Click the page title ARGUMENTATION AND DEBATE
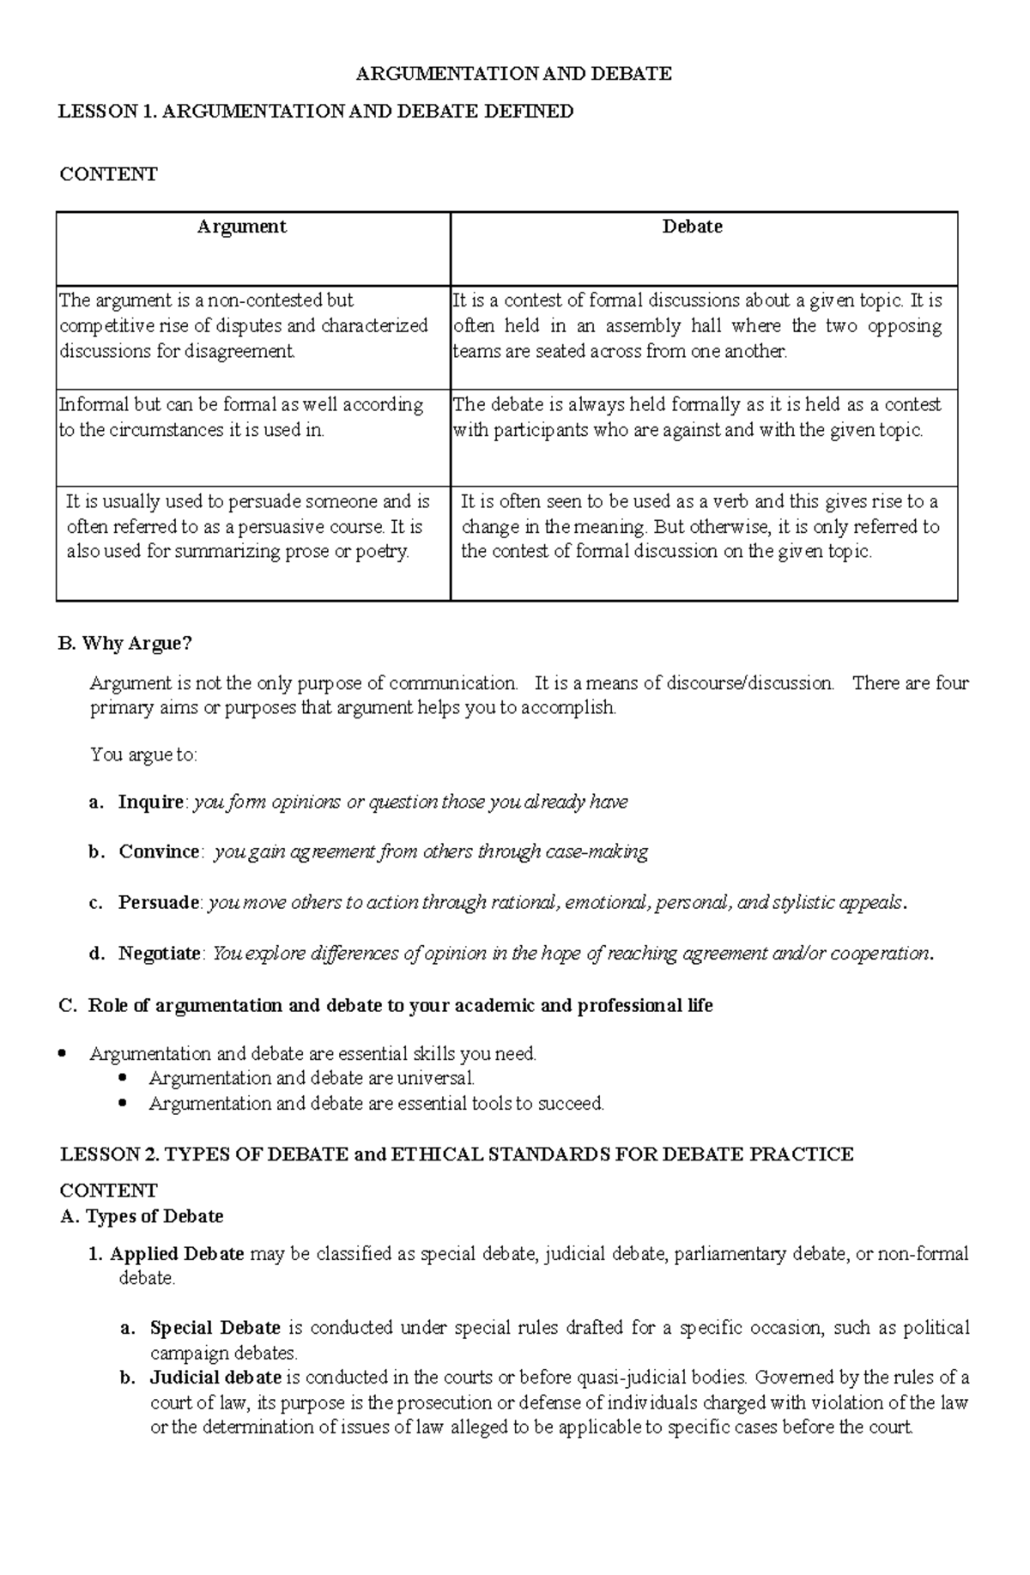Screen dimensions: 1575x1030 513,74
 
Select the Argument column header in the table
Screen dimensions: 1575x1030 241,227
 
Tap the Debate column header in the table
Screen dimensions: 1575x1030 692,227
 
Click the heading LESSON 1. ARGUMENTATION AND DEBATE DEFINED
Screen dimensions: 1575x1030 315,112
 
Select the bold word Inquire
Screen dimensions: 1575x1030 150,802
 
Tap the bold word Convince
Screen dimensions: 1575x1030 159,851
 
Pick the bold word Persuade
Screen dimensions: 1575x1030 159,903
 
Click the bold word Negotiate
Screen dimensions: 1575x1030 160,954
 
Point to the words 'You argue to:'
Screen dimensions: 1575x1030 143,755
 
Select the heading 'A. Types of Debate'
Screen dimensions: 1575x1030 142,1216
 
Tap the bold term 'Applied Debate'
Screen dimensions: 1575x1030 177,1254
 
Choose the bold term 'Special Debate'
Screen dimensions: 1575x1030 215,1328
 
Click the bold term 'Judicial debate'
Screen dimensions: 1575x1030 215,1378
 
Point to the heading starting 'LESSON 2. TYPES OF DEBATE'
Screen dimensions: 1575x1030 457,1154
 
